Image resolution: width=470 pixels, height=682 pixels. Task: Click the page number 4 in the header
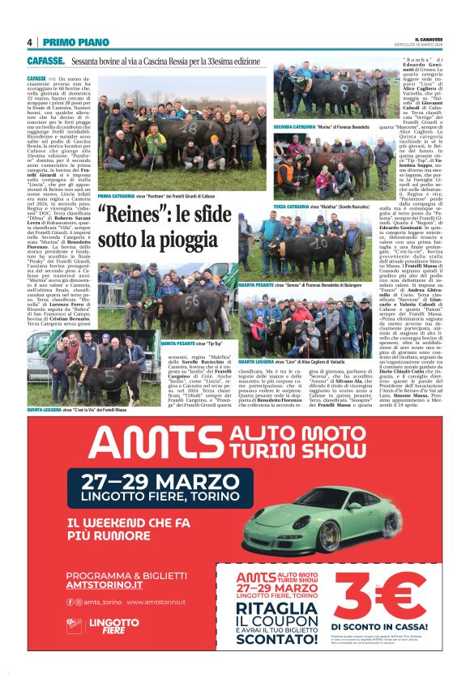(29, 41)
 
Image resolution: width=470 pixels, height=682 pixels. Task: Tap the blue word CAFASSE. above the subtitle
(45, 61)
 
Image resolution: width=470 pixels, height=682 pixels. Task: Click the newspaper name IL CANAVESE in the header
(429, 38)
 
